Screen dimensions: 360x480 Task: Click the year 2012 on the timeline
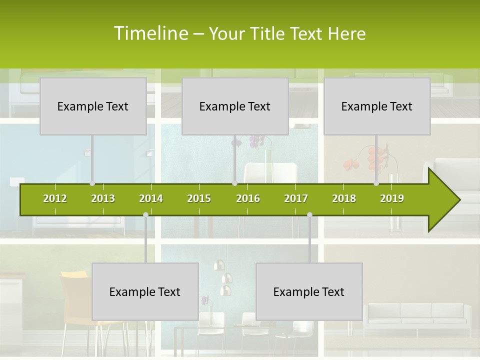[55, 198]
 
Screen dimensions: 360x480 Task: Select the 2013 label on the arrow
[103, 198]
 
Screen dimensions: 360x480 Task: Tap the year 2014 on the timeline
[151, 198]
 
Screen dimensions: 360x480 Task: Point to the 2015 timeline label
[199, 198]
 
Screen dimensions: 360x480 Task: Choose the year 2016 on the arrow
[248, 198]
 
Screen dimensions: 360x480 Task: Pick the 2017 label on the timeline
[296, 198]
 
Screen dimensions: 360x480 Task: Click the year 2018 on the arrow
[344, 198]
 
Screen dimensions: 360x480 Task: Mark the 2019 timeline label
[392, 198]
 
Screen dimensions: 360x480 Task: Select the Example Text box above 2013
[93, 106]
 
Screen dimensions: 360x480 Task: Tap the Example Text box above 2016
[235, 106]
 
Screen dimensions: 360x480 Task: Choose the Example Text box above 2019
[377, 106]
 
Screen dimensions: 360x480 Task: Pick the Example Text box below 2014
[145, 291]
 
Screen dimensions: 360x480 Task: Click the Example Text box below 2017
[309, 291]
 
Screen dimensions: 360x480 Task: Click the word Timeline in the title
[150, 33]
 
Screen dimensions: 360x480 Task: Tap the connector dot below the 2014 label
[145, 214]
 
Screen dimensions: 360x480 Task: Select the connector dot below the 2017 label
[309, 214]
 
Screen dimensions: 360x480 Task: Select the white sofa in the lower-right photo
[417, 315]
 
